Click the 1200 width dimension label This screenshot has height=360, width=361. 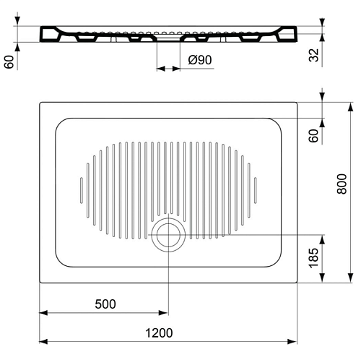(x=159, y=333)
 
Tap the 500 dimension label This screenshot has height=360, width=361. (x=105, y=304)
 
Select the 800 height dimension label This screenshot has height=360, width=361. (x=342, y=184)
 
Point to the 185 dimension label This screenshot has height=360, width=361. (x=314, y=257)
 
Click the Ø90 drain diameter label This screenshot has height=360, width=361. (x=200, y=60)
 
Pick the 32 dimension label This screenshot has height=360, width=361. (x=314, y=55)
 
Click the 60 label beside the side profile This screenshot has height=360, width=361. (x=9, y=62)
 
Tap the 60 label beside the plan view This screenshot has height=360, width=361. (x=314, y=136)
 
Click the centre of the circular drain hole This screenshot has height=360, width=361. (x=168, y=235)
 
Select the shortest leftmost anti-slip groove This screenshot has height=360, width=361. (x=82, y=190)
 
